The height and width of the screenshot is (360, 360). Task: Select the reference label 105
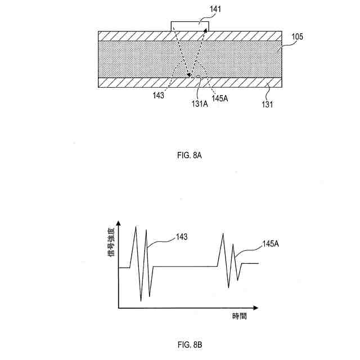click(x=298, y=38)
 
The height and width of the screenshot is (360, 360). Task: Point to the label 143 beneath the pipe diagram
click(x=158, y=95)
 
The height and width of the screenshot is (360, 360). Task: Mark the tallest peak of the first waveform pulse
click(x=135, y=226)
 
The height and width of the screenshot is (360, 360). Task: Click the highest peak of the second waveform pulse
click(x=223, y=233)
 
